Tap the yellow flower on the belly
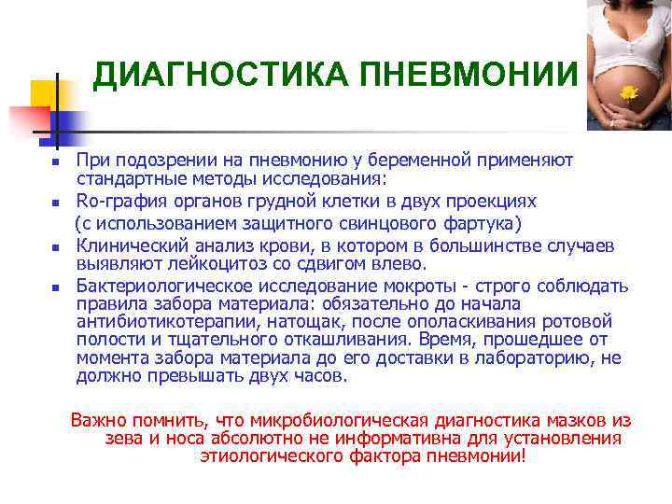[628, 92]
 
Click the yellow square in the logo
[44, 94]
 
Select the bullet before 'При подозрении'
[55, 162]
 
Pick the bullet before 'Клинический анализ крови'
[55, 248]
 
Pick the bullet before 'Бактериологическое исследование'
[55, 287]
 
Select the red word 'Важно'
[97, 420]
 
